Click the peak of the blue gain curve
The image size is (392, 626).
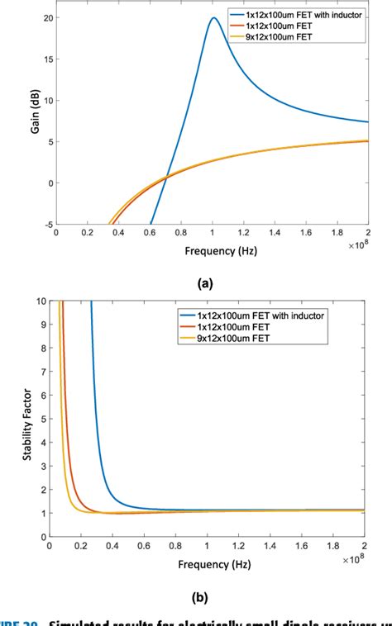(213, 18)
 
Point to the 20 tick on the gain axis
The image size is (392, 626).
(47, 18)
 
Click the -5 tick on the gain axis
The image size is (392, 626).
(46, 225)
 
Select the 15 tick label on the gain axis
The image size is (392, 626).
(47, 59)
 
